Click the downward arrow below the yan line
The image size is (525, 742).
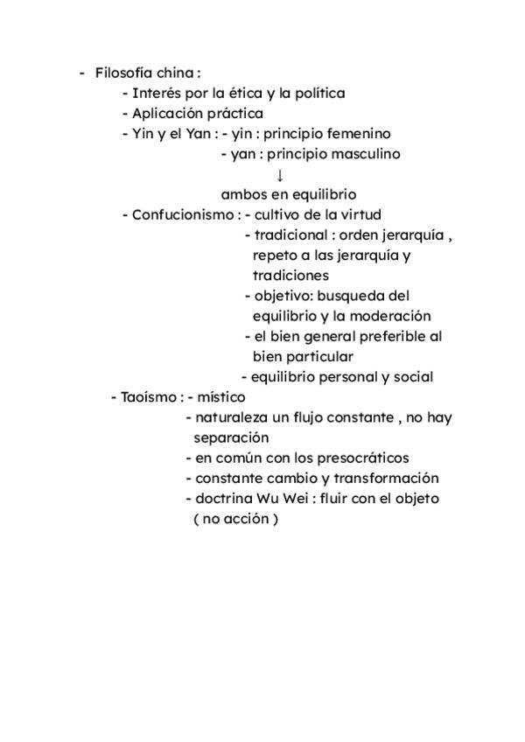click(281, 174)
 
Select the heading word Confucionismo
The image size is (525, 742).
click(182, 214)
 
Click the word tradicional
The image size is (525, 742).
click(290, 235)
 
